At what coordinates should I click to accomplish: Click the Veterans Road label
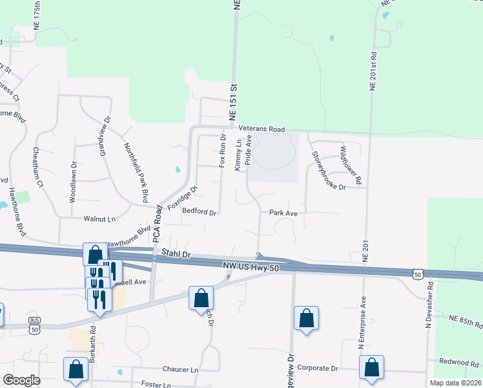point(262,129)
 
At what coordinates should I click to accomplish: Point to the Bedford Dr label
point(199,211)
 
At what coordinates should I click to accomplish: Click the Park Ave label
point(283,213)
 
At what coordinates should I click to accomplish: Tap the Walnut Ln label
point(99,219)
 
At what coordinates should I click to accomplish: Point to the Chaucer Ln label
point(181,369)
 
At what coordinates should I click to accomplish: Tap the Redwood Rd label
point(460,361)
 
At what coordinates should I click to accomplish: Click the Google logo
point(21,380)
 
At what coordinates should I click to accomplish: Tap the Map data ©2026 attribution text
point(455,383)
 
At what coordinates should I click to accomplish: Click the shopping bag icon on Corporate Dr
point(372,367)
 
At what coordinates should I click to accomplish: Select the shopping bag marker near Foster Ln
point(76,369)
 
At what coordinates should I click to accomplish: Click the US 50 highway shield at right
point(418,275)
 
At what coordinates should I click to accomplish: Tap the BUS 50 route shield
point(34,325)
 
